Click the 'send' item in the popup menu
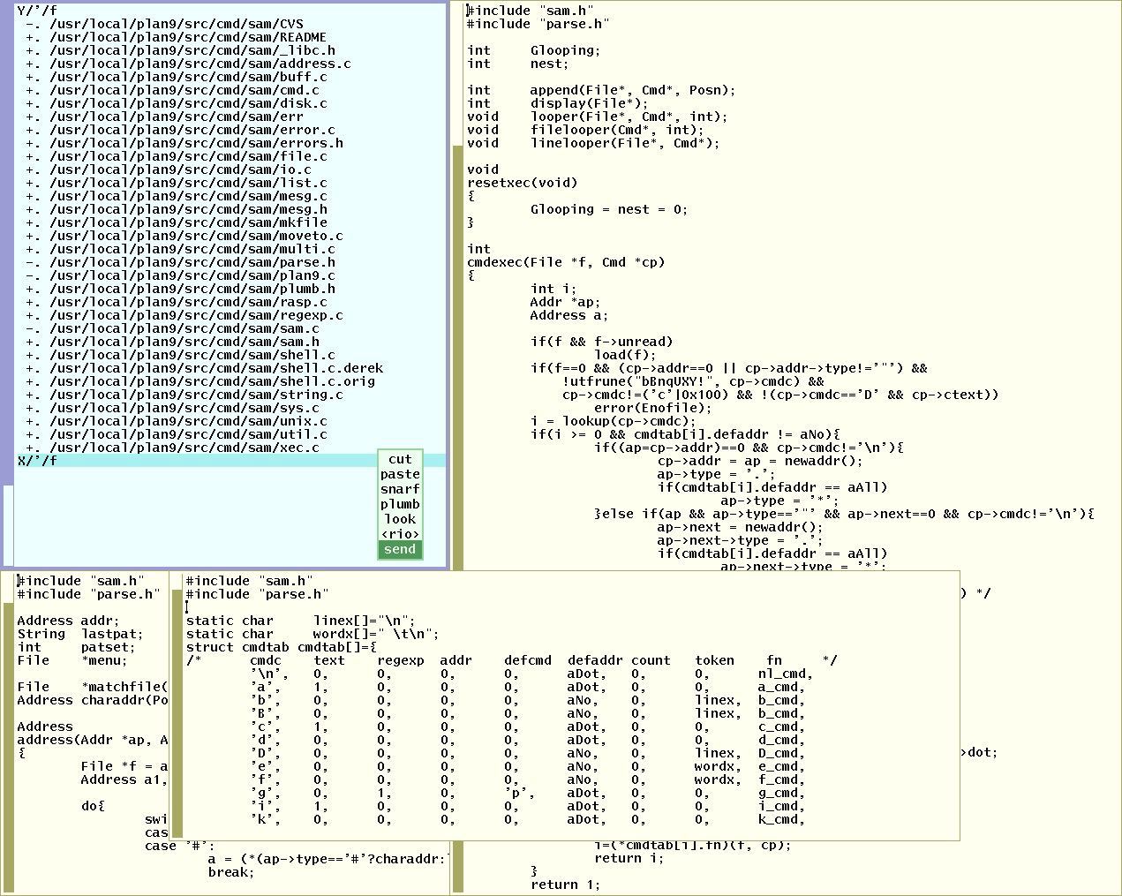point(400,549)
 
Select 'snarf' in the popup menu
point(400,489)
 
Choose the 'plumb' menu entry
point(400,504)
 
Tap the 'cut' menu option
point(400,459)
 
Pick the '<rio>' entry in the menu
point(400,534)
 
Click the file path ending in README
point(188,38)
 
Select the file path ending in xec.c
point(184,448)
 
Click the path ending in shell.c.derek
point(216,368)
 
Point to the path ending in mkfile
point(188,222)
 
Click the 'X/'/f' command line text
point(37,461)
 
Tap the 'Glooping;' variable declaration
point(565,50)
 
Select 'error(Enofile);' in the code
point(652,408)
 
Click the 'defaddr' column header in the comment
point(595,660)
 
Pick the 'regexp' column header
point(401,661)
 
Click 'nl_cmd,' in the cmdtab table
point(785,674)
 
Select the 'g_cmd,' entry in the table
point(781,794)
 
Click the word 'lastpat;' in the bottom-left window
point(111,634)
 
